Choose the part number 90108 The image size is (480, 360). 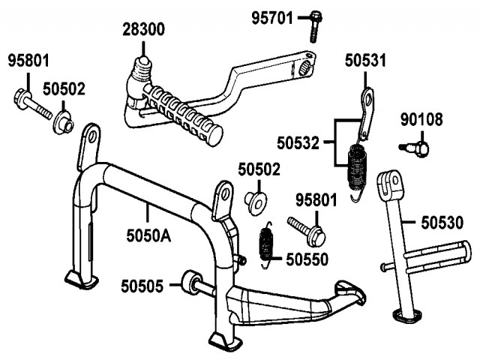point(421,118)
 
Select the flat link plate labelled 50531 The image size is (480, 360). point(365,112)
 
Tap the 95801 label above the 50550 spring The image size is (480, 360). point(316,200)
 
